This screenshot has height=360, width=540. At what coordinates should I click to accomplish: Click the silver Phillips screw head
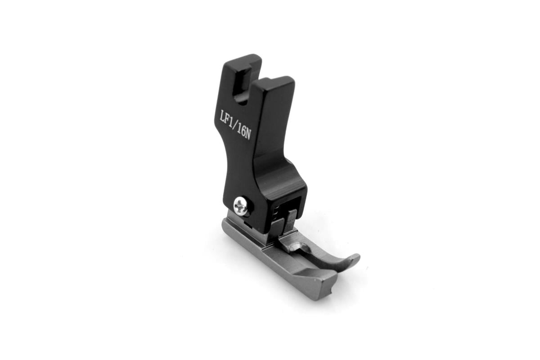click(240, 207)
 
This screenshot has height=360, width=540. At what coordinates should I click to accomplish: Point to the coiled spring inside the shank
click(277, 212)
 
